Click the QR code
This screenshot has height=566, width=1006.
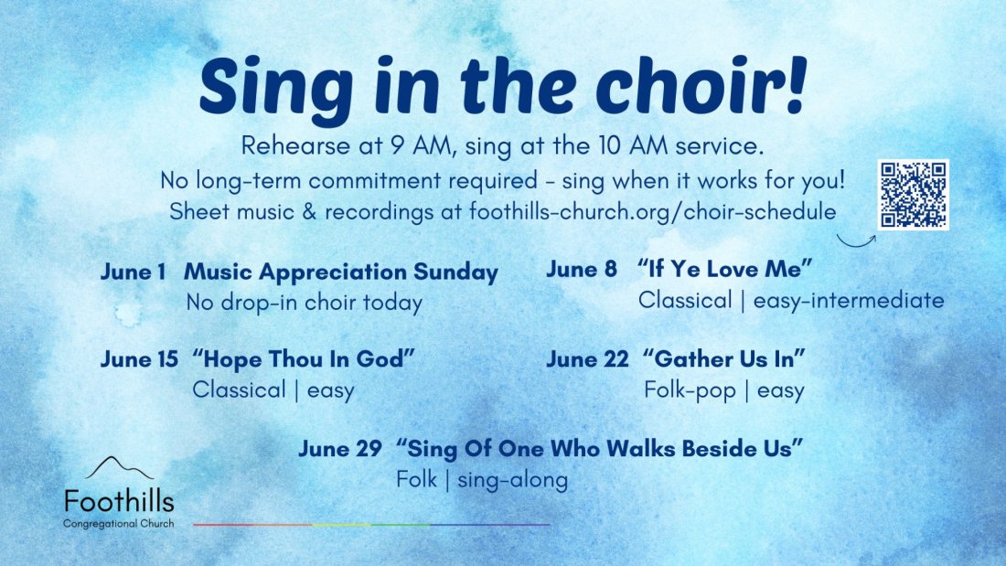click(x=913, y=195)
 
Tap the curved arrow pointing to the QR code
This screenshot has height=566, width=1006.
click(x=854, y=244)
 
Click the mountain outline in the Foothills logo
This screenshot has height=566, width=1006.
click(x=119, y=468)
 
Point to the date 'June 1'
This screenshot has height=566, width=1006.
click(x=133, y=272)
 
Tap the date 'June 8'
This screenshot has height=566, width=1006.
click(x=582, y=270)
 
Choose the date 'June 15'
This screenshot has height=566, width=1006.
click(x=139, y=359)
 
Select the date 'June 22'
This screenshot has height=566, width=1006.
click(x=587, y=359)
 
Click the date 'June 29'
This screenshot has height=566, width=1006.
click(x=340, y=449)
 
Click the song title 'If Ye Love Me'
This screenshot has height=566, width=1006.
click(x=725, y=269)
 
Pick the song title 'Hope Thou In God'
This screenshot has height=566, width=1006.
click(x=305, y=358)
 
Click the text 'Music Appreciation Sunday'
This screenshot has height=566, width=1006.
click(x=341, y=272)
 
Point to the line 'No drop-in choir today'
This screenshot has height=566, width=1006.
click(x=305, y=303)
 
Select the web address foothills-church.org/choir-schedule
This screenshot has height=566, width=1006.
click(x=652, y=212)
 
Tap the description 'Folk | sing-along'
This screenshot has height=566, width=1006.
click(x=482, y=479)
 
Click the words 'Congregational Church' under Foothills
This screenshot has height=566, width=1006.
click(x=119, y=524)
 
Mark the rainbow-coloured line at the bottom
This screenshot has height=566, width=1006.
click(x=371, y=525)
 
